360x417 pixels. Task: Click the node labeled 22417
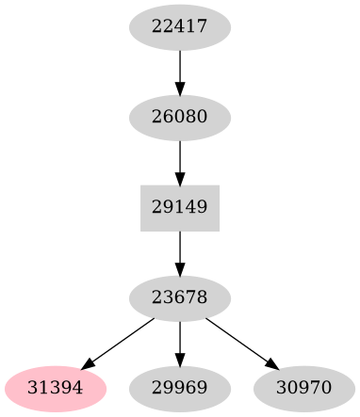pos(180,28)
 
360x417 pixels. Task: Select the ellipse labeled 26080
pos(180,118)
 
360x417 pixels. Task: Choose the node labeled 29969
pos(180,388)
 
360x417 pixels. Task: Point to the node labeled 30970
pos(304,388)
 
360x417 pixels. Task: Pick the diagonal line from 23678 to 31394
pos(119,343)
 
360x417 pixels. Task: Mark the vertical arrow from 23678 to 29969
pos(180,343)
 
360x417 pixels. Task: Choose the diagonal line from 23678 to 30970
pos(241,343)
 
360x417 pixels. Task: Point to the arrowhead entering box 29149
pos(180,178)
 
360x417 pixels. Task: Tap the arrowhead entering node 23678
pos(180,268)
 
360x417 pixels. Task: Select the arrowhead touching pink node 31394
pos(89,364)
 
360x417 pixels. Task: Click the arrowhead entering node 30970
pos(271,364)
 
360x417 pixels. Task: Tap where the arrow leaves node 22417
pos(180,53)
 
